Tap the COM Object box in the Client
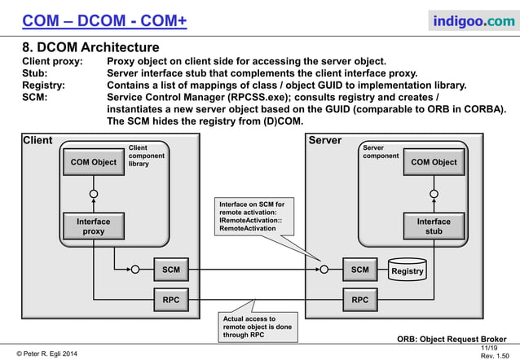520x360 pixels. (94, 162)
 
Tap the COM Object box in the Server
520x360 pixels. (433, 162)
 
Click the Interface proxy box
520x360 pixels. (94, 226)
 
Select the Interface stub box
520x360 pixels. (433, 226)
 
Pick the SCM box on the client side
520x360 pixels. (170, 269)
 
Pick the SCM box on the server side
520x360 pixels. (359, 269)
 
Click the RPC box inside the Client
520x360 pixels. (170, 301)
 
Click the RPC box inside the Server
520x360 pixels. (359, 301)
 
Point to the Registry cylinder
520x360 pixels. (407, 270)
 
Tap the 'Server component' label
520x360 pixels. (381, 151)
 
